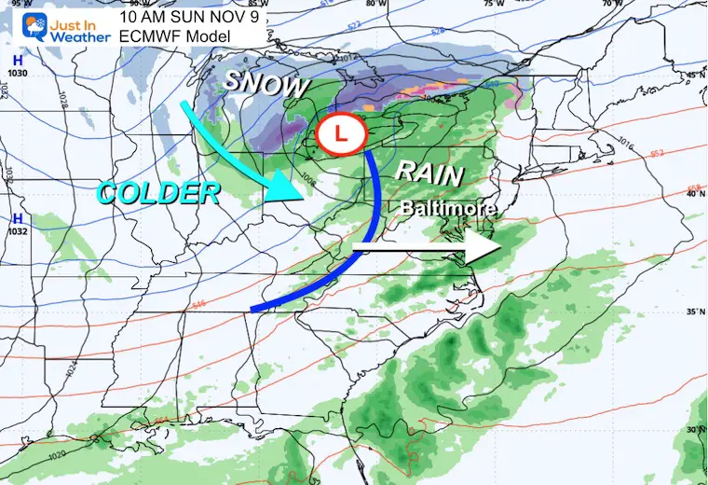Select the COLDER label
(x=158, y=193)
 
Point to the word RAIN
(x=430, y=172)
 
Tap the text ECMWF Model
(x=166, y=35)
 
